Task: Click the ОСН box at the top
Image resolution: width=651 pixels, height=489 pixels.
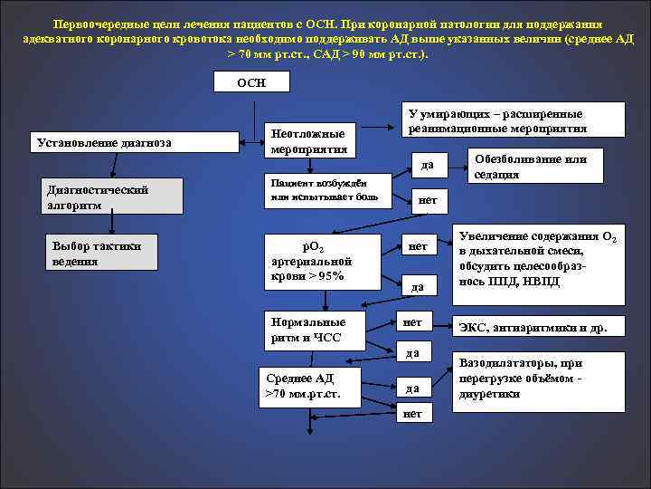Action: pos(251,82)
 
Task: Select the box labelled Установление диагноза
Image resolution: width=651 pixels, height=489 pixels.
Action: pos(102,143)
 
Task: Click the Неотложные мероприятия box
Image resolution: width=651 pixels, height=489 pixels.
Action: pos(307,138)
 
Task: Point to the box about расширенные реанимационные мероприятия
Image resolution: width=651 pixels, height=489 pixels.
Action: pos(512,120)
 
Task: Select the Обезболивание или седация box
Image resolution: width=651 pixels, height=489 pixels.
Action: pos(531,166)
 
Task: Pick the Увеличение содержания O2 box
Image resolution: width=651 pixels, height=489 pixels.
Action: pos(538,265)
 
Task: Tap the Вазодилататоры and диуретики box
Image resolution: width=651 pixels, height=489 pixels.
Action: pos(538,379)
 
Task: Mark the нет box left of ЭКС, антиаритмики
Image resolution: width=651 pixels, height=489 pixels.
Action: pos(412,321)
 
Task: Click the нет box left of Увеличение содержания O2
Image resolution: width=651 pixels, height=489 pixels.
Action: pos(418,246)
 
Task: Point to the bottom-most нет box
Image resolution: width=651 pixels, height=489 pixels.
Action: pos(412,413)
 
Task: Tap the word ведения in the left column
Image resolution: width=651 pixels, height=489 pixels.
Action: pos(73,262)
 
